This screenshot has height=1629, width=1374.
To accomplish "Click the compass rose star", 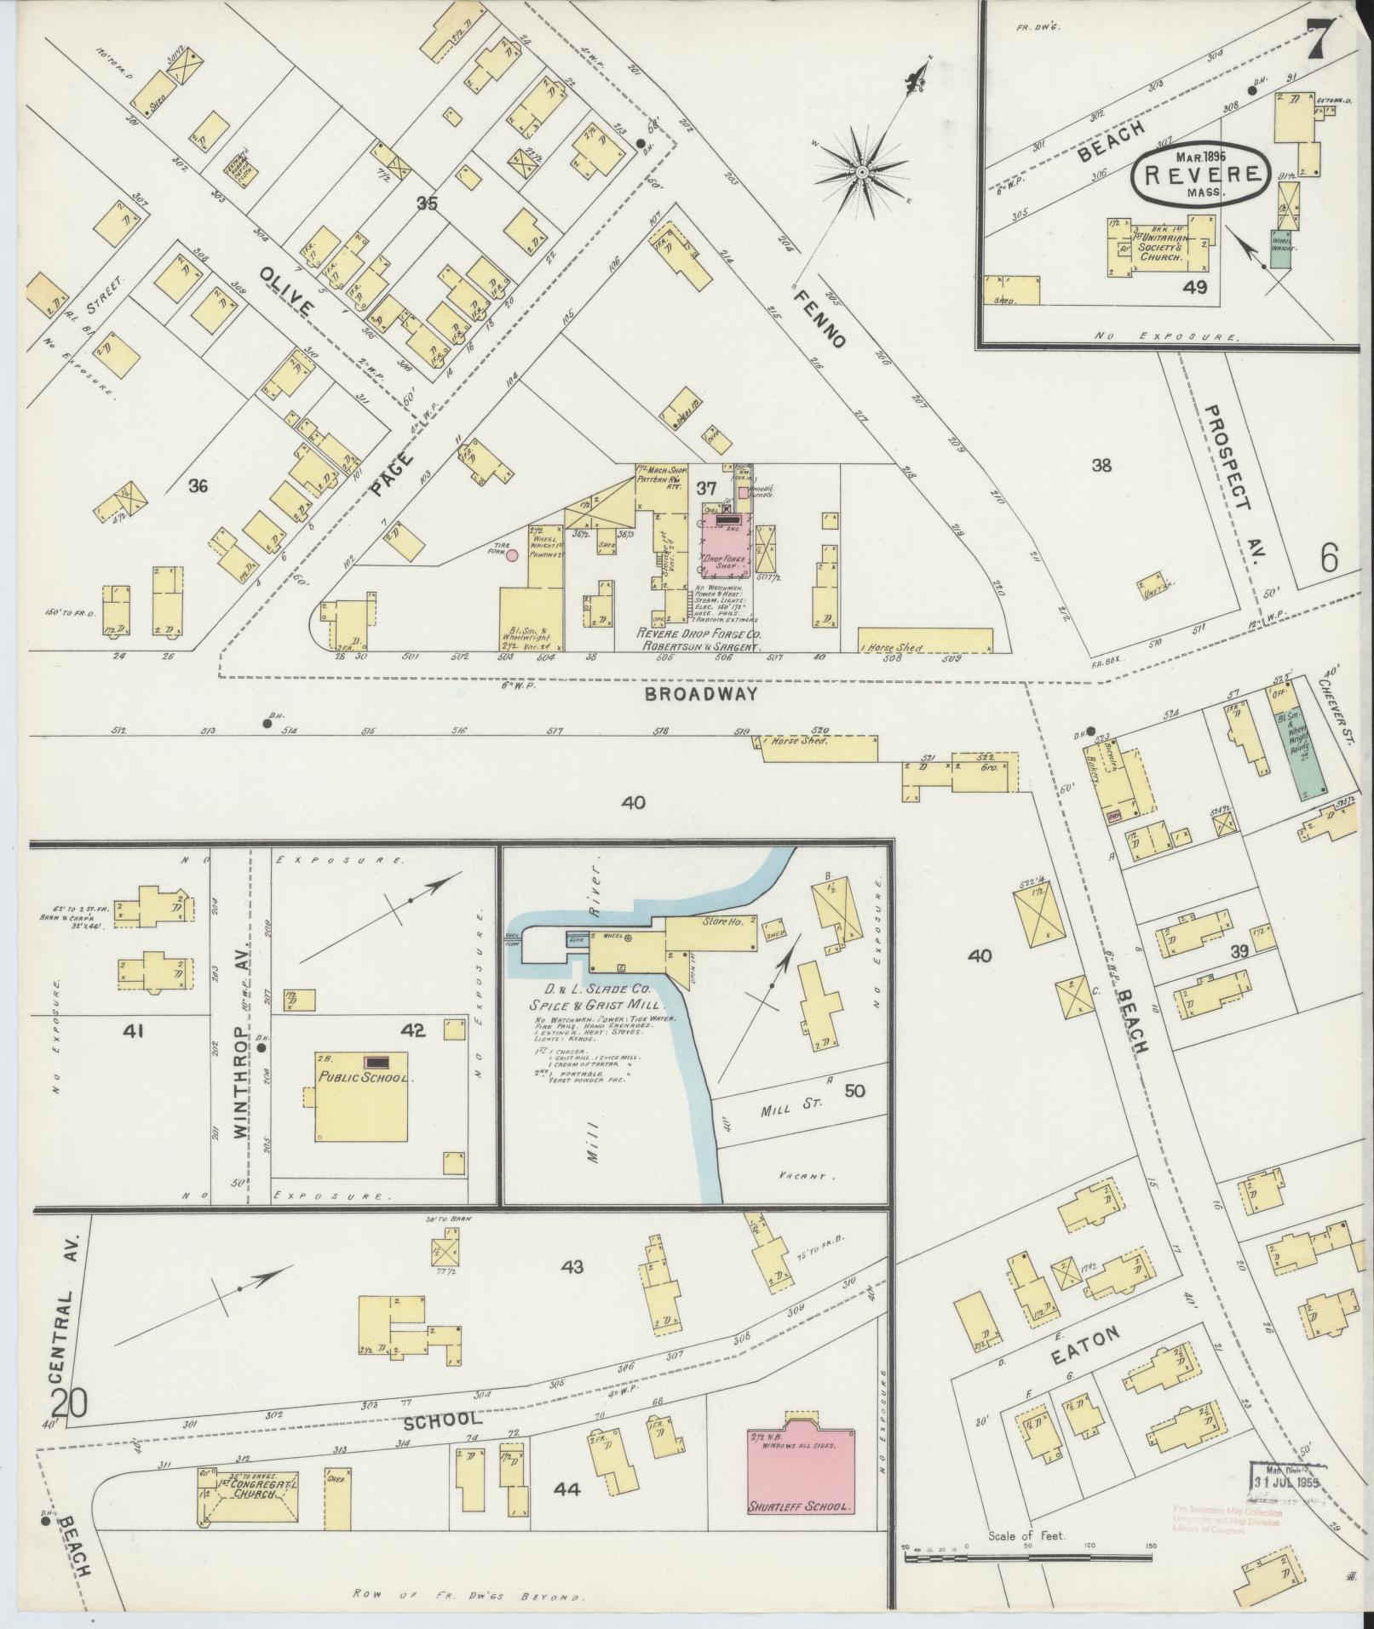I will point(861,173).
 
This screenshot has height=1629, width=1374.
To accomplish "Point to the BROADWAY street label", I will point(700,694).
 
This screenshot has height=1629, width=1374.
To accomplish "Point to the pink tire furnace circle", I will point(512,556).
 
